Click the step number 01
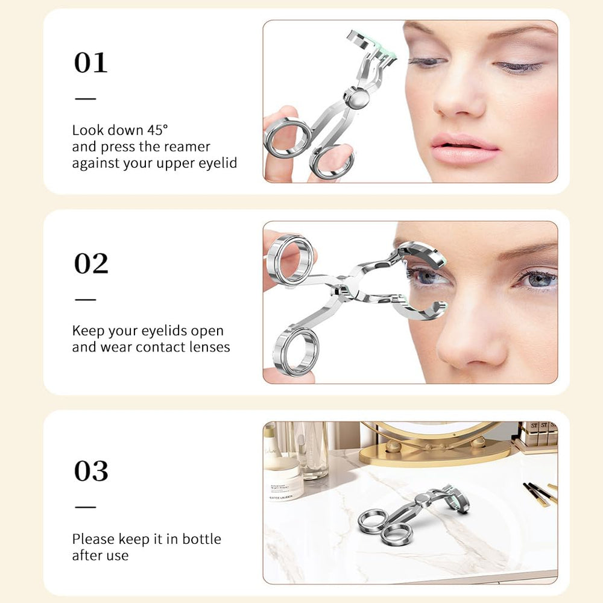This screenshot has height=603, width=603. pyautogui.click(x=90, y=63)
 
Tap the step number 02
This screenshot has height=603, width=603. pyautogui.click(x=91, y=264)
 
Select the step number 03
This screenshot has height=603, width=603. pyautogui.click(x=91, y=471)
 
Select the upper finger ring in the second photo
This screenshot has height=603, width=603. pyautogui.click(x=290, y=259)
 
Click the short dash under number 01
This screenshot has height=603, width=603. pyautogui.click(x=85, y=98)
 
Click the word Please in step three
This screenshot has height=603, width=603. pyautogui.click(x=93, y=538)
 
